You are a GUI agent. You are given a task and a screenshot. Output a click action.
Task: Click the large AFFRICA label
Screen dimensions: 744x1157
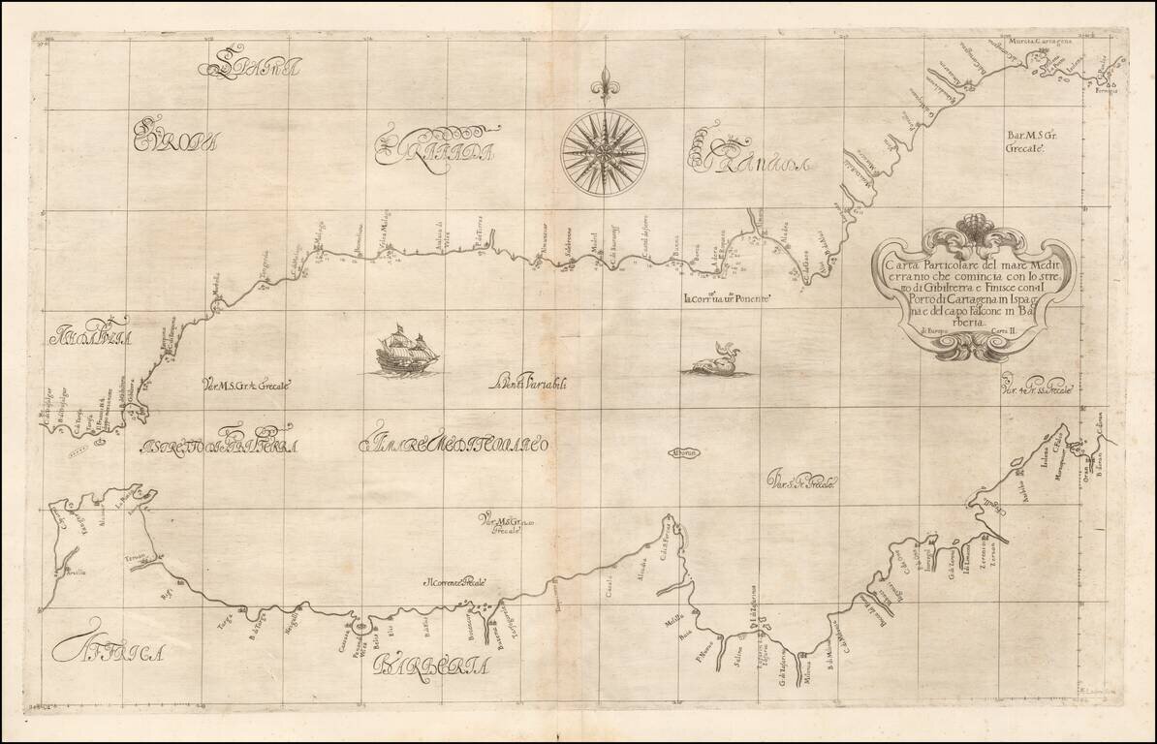coord(107,652)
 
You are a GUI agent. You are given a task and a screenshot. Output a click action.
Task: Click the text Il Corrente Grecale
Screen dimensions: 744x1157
coord(453,582)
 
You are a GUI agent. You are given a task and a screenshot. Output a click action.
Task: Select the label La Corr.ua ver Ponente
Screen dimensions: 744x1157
coord(727,299)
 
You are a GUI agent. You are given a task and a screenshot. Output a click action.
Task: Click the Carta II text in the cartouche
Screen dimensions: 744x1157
coord(1008,331)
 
